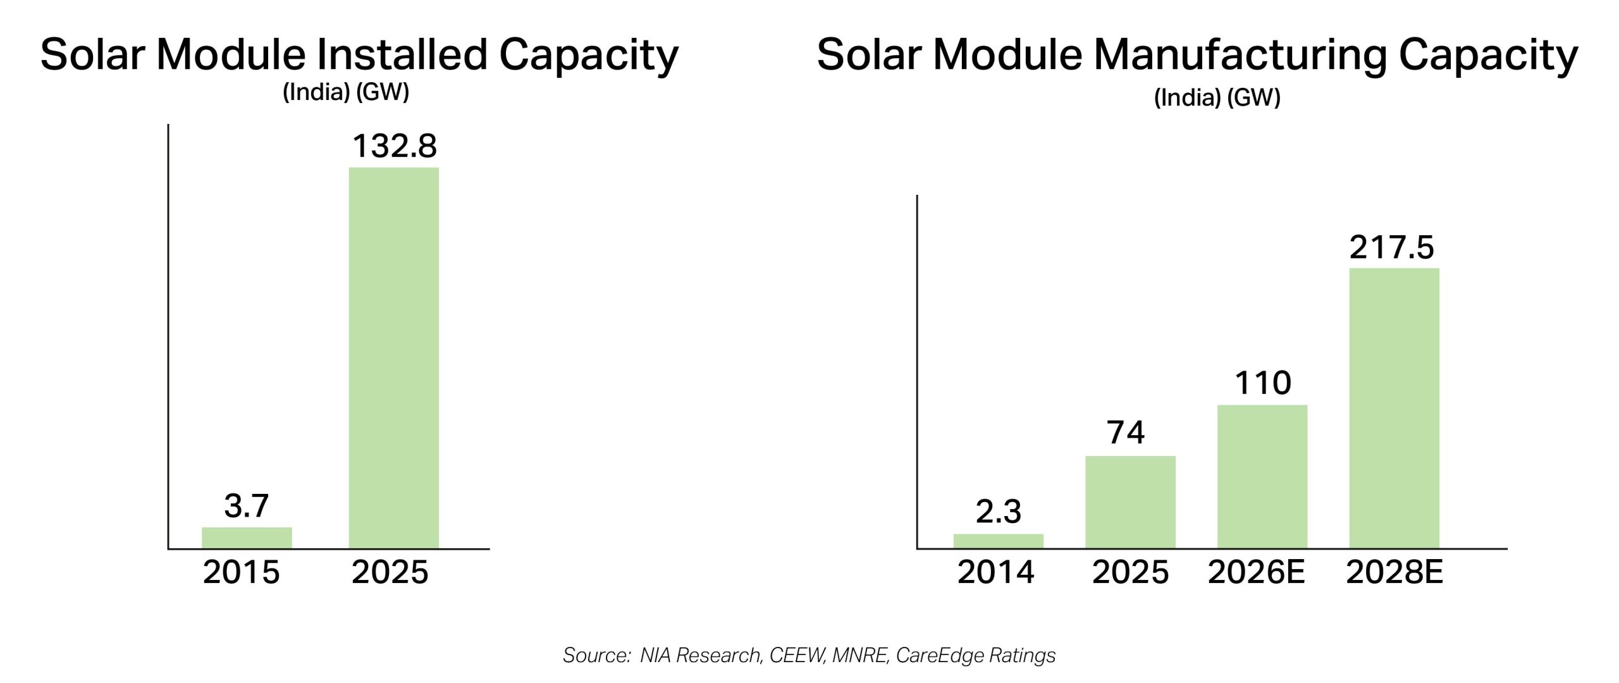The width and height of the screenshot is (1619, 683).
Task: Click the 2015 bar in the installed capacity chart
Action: (247, 538)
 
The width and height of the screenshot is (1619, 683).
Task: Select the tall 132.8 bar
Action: (394, 358)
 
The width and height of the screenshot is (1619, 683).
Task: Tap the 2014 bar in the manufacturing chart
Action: (998, 541)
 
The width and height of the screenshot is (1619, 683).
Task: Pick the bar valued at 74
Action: (1130, 502)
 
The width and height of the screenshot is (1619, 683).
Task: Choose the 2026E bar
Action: (1262, 477)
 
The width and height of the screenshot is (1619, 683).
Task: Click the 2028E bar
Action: (1394, 409)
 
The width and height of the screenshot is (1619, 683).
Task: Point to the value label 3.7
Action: (247, 506)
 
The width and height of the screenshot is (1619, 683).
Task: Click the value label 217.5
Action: (1391, 247)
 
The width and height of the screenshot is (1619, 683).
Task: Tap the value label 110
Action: (1262, 383)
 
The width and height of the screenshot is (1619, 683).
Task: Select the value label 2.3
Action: (998, 512)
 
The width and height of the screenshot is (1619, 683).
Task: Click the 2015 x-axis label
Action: (241, 572)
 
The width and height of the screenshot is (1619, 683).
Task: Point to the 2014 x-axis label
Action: (995, 572)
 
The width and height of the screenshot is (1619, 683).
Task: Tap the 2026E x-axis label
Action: (1256, 572)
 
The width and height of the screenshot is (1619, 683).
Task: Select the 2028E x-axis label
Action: (1394, 572)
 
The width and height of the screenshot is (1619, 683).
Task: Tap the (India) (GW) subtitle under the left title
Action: (346, 92)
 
